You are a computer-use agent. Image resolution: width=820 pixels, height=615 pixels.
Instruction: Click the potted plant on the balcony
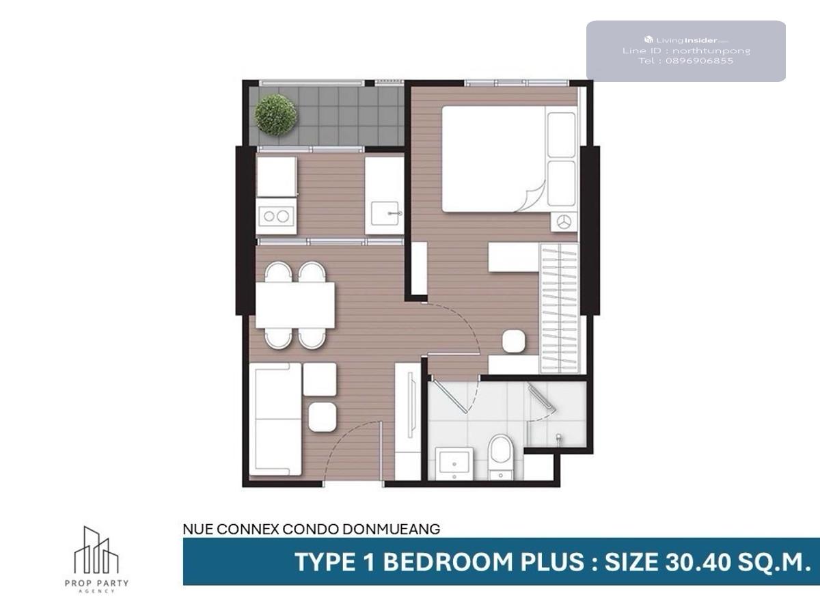276,115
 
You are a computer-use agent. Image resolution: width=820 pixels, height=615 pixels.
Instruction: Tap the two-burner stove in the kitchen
276,216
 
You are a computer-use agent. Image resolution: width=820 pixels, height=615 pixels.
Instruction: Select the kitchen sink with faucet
385,214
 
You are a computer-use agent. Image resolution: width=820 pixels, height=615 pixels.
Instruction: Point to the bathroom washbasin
454,464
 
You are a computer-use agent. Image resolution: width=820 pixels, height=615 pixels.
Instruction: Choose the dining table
295,305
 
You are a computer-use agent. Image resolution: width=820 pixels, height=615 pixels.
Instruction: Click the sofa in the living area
275,420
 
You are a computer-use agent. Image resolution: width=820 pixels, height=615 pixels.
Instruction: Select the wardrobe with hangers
559,307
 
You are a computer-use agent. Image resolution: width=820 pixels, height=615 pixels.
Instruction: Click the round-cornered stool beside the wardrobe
514,341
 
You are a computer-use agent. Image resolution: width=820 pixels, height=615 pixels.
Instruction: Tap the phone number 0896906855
699,61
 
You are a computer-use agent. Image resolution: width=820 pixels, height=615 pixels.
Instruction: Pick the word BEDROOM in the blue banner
448,562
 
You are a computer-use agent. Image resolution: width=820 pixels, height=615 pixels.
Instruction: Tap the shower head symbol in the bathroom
559,437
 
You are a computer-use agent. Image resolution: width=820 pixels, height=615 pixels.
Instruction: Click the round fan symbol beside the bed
563,222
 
